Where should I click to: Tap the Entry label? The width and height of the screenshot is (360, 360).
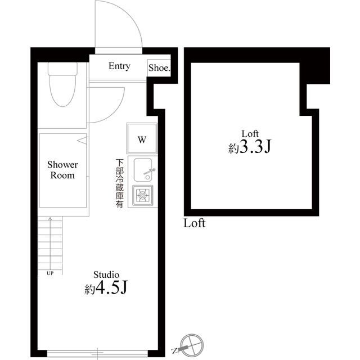pyautogui.click(x=119, y=66)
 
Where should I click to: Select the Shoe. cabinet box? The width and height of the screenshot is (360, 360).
pyautogui.click(x=159, y=68)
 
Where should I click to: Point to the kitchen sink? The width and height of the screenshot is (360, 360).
pyautogui.click(x=143, y=169)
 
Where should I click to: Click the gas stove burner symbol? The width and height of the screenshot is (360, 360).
pyautogui.click(x=143, y=196)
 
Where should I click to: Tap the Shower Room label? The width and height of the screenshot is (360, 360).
pyautogui.click(x=62, y=170)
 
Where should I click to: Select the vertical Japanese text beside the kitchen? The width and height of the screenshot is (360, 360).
pyautogui.click(x=119, y=183)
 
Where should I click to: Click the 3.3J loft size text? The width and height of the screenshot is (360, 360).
pyautogui.click(x=250, y=148)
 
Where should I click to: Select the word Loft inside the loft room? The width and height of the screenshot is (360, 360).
pyautogui.click(x=250, y=133)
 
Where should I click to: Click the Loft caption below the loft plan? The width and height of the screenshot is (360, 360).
pyautogui.click(x=195, y=223)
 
